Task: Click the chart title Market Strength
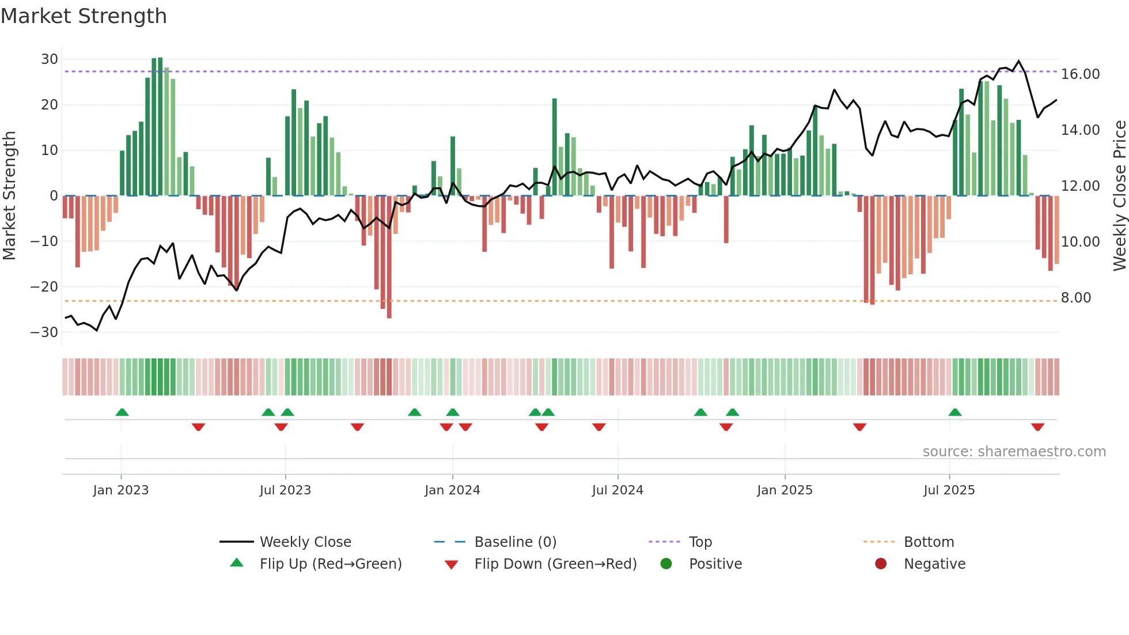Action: (84, 16)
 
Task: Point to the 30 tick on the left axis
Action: (50, 59)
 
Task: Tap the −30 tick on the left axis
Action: (44, 332)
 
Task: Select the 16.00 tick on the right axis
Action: (1080, 74)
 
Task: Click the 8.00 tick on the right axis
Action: (1075, 298)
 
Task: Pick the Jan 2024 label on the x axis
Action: (452, 490)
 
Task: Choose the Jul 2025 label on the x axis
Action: (949, 490)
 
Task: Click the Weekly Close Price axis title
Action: (1119, 196)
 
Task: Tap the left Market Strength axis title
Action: (10, 196)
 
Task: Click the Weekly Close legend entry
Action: (305, 542)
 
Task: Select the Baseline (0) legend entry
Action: (515, 542)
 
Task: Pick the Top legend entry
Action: (700, 542)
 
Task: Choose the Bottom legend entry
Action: (929, 542)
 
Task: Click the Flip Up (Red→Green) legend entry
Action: (330, 564)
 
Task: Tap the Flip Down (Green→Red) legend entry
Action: (555, 564)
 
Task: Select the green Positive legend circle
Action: (666, 564)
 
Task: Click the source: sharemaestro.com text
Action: (1014, 452)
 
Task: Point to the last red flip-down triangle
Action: (1037, 427)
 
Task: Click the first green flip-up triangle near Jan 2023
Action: (122, 412)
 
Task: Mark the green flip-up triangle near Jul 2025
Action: (954, 412)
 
